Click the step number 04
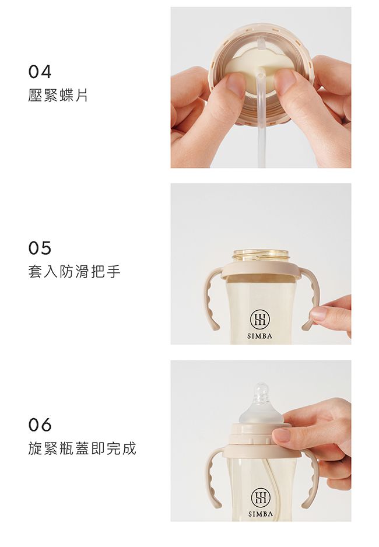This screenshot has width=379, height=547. click(40, 72)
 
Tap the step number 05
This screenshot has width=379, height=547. click(40, 248)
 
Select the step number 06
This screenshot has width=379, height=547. click(40, 425)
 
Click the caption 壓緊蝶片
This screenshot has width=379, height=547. click(58, 96)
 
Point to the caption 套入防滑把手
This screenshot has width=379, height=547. click(74, 272)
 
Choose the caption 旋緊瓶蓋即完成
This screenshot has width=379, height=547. click(82, 448)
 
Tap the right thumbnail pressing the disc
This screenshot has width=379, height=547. click(285, 81)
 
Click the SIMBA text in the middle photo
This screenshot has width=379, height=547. click(259, 336)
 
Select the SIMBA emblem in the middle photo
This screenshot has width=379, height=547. click(259, 319)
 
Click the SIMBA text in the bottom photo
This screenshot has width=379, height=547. click(259, 514)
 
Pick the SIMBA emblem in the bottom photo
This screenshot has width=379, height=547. click(259, 497)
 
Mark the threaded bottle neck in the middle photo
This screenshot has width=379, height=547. click(261, 255)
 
